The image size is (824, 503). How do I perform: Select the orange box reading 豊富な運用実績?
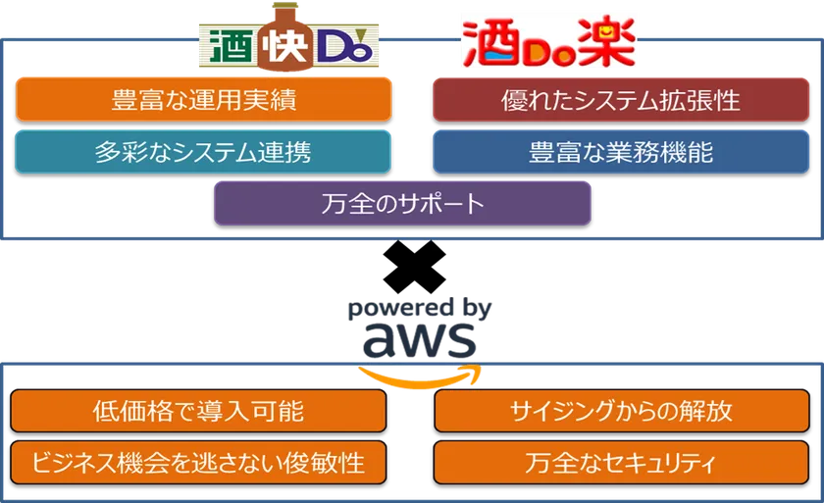(x=204, y=100)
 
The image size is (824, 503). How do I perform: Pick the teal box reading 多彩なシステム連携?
(x=204, y=152)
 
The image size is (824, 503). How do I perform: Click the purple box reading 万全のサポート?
(x=402, y=204)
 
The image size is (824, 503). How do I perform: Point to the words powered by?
(x=419, y=309)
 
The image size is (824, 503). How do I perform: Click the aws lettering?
(x=420, y=340)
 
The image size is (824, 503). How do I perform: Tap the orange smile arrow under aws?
(x=420, y=374)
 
